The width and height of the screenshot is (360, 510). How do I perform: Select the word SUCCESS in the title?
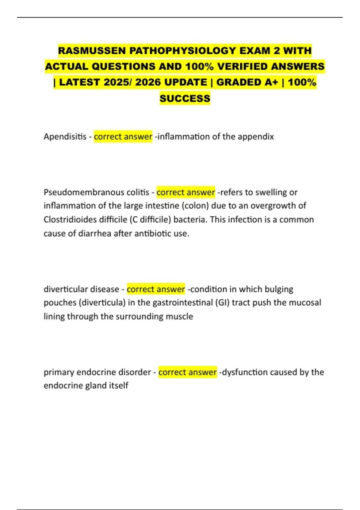coord(185,98)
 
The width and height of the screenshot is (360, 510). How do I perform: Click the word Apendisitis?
coord(65,136)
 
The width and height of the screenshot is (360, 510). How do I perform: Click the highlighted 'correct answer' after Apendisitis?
coord(123,136)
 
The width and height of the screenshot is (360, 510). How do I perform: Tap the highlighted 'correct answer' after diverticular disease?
coord(156,289)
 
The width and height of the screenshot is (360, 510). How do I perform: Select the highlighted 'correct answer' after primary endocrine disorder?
coord(187,372)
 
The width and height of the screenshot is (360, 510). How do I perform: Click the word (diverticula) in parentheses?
coord(102,302)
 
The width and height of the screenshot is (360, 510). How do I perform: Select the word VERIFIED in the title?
coord(242,66)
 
